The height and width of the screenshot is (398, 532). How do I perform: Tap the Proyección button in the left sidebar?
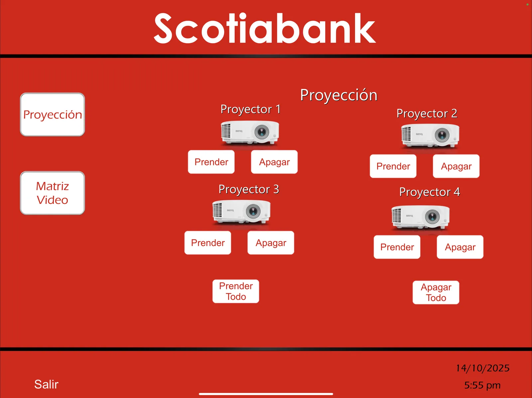pos(53,115)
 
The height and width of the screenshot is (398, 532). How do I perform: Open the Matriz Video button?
pos(53,193)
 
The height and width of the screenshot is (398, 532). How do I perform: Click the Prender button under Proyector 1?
pos(211,162)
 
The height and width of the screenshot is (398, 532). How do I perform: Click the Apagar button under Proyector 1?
pos(274,162)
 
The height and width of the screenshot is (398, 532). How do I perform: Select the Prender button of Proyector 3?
pos(208,243)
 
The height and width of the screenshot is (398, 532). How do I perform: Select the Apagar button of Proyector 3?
pos(271,243)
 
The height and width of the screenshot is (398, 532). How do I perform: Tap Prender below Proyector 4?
pos(397,247)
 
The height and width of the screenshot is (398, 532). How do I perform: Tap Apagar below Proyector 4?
pos(460,247)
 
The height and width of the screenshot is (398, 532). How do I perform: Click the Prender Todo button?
pos(236,291)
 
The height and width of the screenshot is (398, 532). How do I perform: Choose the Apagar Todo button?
pos(436,292)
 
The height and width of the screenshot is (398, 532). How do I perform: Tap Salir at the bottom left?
pos(46,384)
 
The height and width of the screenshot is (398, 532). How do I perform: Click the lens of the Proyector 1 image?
pos(262,132)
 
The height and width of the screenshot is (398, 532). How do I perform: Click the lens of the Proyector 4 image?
pos(432,217)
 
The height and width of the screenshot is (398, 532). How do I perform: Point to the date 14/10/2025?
pos(482,368)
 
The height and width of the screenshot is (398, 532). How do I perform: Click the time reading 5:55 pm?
pos(482,385)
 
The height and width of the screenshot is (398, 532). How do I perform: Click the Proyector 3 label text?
pos(249,189)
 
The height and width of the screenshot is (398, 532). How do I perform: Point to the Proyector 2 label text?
pos(427,114)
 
